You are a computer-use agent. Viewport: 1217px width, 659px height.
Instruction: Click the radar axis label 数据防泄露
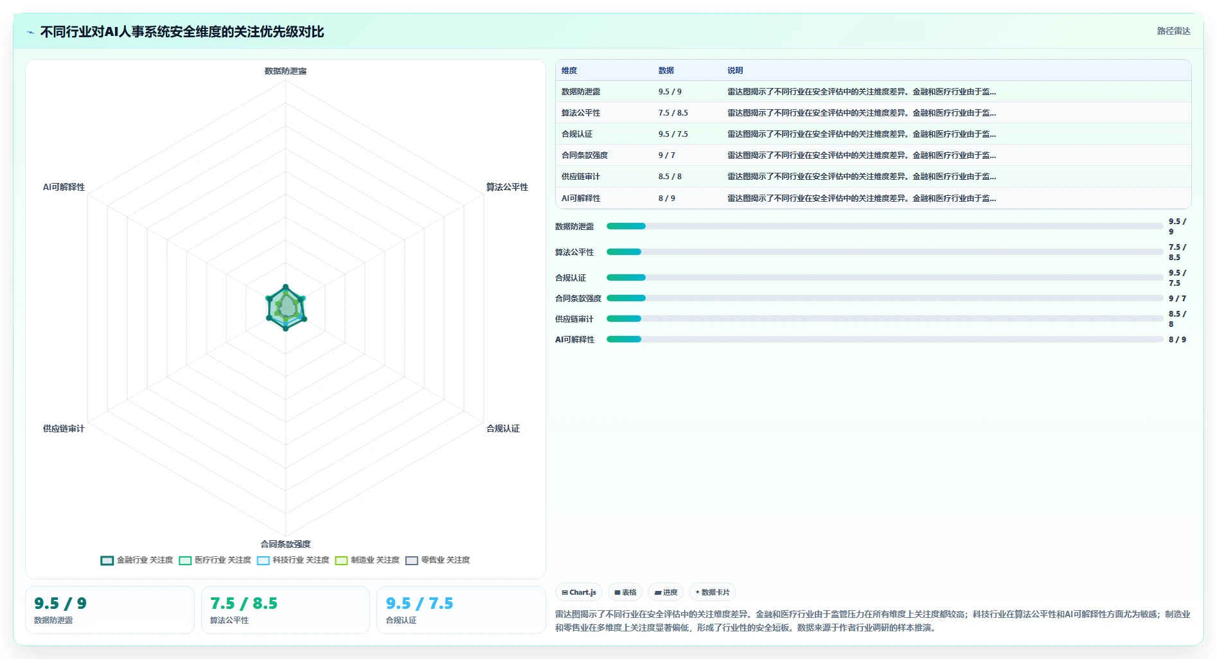click(x=285, y=71)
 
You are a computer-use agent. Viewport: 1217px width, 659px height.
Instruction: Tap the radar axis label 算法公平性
click(x=507, y=187)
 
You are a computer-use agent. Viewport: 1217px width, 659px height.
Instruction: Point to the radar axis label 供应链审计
click(x=64, y=428)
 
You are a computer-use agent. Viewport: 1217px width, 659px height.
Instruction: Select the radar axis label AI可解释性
click(x=64, y=187)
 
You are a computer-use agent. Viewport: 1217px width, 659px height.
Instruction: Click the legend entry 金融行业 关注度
click(x=137, y=560)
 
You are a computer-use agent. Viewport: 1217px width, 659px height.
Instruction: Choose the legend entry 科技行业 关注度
click(x=293, y=560)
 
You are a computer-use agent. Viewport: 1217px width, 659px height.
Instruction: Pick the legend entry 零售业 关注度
click(x=438, y=560)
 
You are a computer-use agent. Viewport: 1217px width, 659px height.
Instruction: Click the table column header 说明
click(x=735, y=71)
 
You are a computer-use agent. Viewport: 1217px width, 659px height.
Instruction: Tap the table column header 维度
click(x=569, y=71)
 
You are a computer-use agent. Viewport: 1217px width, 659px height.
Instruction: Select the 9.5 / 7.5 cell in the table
click(x=673, y=134)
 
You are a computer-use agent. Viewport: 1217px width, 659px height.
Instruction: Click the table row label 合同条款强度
click(x=585, y=155)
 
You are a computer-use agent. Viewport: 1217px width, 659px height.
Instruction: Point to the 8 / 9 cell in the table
click(x=666, y=198)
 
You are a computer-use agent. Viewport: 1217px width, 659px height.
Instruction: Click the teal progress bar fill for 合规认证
click(x=626, y=277)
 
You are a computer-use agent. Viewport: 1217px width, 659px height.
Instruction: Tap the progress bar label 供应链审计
click(x=574, y=319)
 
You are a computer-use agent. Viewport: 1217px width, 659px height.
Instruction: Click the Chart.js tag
click(x=579, y=592)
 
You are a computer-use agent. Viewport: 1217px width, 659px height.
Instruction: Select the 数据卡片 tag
click(x=713, y=592)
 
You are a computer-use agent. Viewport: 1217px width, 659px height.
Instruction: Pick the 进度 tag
click(x=666, y=592)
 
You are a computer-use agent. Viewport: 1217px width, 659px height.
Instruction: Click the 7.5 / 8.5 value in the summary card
click(x=244, y=604)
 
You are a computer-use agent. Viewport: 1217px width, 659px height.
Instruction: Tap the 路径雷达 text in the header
click(x=1173, y=31)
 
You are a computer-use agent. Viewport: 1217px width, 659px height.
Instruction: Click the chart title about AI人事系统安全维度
click(x=182, y=31)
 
